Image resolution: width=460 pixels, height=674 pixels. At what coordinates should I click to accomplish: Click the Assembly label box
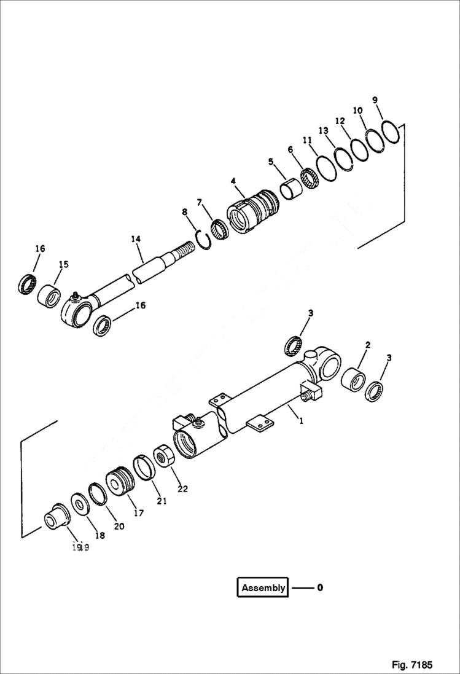[263, 588]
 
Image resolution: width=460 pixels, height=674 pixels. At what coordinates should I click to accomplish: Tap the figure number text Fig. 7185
[412, 665]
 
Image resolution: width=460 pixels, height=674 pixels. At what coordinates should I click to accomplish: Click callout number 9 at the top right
[375, 101]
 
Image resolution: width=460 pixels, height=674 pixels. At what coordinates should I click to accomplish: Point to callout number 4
[233, 181]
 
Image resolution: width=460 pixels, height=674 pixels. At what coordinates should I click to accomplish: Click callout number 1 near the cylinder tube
[300, 421]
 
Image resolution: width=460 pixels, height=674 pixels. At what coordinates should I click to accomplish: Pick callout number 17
[139, 512]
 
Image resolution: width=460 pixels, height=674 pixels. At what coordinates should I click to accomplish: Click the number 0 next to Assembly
[320, 588]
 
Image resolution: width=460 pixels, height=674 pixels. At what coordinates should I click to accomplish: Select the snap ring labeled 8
[203, 238]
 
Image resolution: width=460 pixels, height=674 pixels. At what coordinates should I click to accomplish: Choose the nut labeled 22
[164, 455]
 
